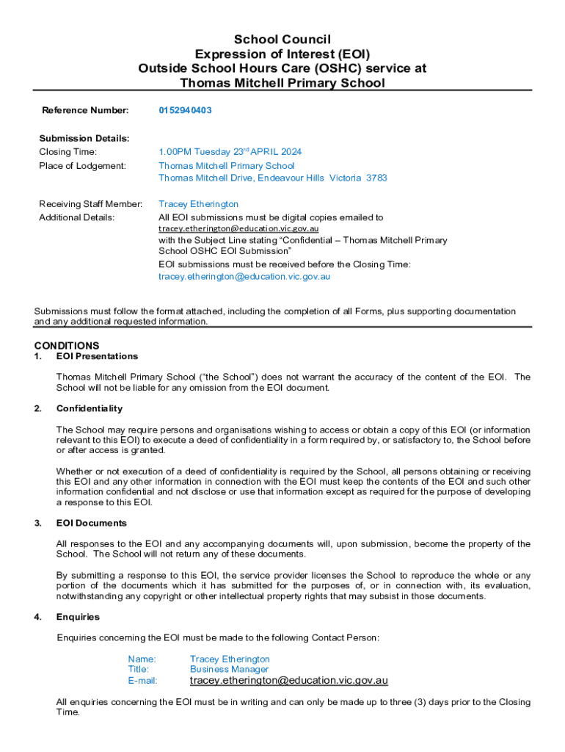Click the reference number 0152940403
coord(186,110)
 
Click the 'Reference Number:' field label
coord(85,110)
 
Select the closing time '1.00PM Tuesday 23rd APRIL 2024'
coord(230,152)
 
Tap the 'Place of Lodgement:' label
coord(82,166)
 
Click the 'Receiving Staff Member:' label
coord(90,204)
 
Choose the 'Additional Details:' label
coord(76,218)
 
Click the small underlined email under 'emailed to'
coord(238,229)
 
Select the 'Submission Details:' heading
coord(84,138)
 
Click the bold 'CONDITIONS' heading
coord(67,345)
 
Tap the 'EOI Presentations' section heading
coord(97,356)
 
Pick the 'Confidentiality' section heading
coord(90,408)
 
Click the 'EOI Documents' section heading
coord(92,523)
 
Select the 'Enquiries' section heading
coord(78,617)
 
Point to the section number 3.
coord(37,523)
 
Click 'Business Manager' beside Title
coord(229,669)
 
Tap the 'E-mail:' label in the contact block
coord(142,681)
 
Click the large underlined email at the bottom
coord(288,681)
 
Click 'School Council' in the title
coord(282,39)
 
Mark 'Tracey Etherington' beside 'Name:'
coord(230,659)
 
